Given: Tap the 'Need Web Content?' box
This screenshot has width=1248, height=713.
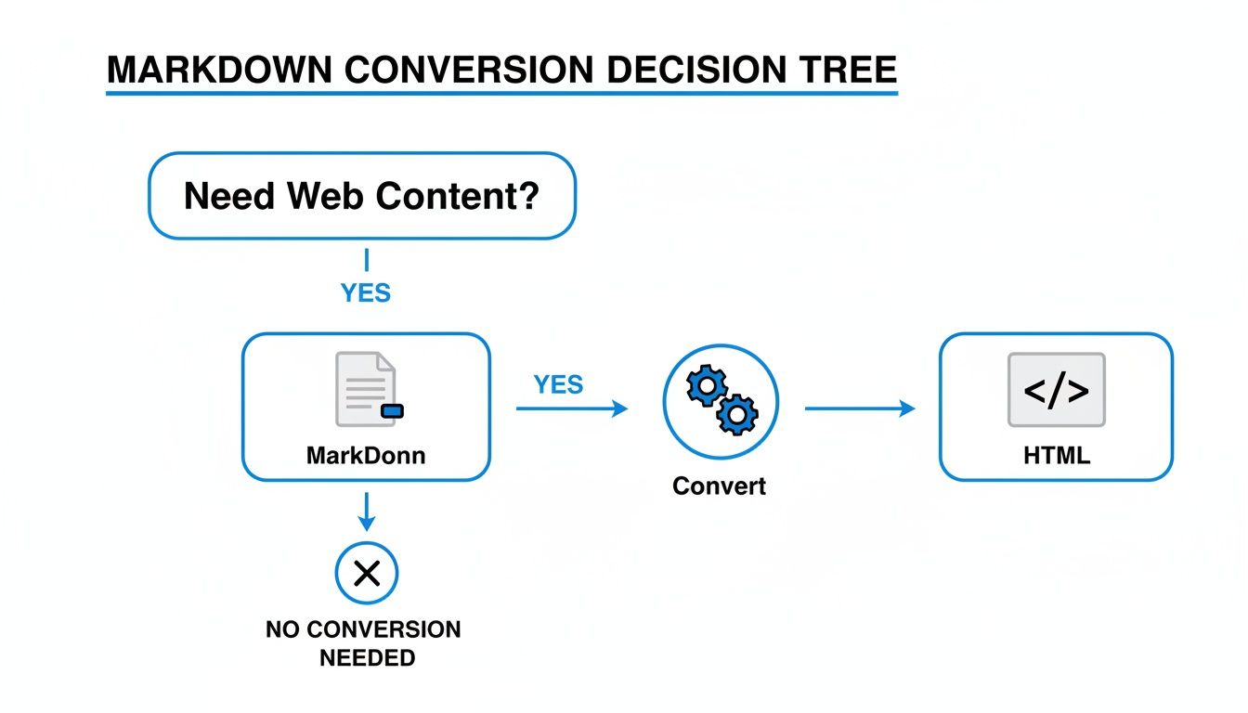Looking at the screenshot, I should (x=362, y=196).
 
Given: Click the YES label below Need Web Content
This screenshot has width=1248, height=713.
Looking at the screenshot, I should (x=366, y=293).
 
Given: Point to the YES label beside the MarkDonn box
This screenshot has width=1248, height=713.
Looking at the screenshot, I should (x=558, y=384).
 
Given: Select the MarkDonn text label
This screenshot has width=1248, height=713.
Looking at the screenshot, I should (x=366, y=457).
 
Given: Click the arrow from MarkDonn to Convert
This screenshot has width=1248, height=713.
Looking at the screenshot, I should (x=572, y=408).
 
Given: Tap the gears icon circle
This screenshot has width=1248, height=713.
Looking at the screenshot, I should (x=721, y=401).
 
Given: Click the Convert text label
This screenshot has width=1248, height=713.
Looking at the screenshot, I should (x=720, y=486).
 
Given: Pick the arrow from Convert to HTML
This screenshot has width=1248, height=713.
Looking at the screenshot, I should (x=859, y=408).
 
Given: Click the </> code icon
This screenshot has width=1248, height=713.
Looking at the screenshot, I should (x=1057, y=390).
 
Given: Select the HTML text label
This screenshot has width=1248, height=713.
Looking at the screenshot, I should (x=1057, y=456).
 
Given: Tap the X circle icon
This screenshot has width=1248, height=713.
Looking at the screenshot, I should (x=367, y=574).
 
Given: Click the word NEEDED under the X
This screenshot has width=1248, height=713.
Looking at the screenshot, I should (x=367, y=658).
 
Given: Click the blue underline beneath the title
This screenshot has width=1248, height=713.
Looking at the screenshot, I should (x=501, y=93).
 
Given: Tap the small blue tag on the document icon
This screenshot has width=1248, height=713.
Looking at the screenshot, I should (x=393, y=410).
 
